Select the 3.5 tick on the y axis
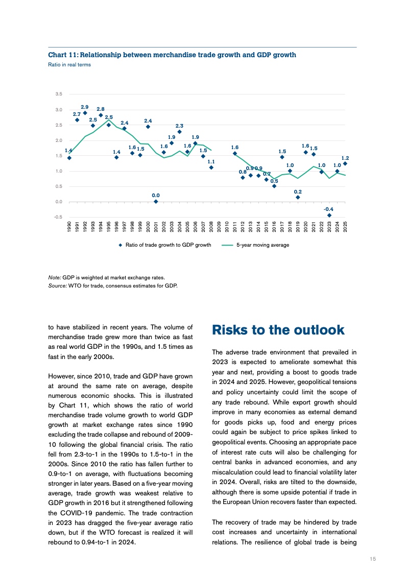click(x=59, y=94)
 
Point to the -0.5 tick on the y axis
click(x=58, y=217)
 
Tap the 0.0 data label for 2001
click(x=156, y=195)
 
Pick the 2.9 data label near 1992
click(x=85, y=107)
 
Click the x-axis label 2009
click(x=219, y=226)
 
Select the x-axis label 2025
click(x=345, y=226)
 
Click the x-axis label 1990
click(x=69, y=226)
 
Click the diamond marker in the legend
click(x=121, y=245)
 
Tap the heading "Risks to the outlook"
click(x=278, y=330)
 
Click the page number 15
click(x=373, y=559)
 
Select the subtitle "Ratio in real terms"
click(x=69, y=65)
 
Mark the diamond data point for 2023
click(x=329, y=216)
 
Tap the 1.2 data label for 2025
click(x=345, y=158)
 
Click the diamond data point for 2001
click(x=156, y=202)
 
